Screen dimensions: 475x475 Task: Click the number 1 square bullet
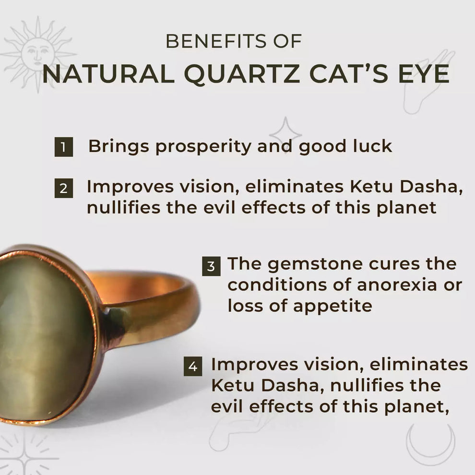click(63, 147)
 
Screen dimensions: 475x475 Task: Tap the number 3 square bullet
click(211, 265)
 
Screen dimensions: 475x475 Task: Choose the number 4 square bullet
click(192, 367)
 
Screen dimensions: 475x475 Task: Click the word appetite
click(332, 306)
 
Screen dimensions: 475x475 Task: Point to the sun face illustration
click(37, 51)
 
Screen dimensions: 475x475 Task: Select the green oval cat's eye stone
click(43, 336)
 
